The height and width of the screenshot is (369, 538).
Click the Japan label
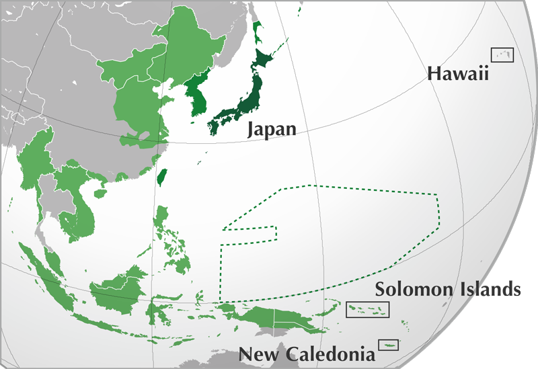click(272, 128)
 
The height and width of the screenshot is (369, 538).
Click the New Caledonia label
click(307, 354)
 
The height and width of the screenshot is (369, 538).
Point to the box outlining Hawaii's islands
click(502, 55)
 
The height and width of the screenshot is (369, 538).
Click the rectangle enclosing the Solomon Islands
click(367, 310)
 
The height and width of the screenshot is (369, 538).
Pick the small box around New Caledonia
click(388, 345)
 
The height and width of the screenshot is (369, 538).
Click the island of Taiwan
click(161, 176)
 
